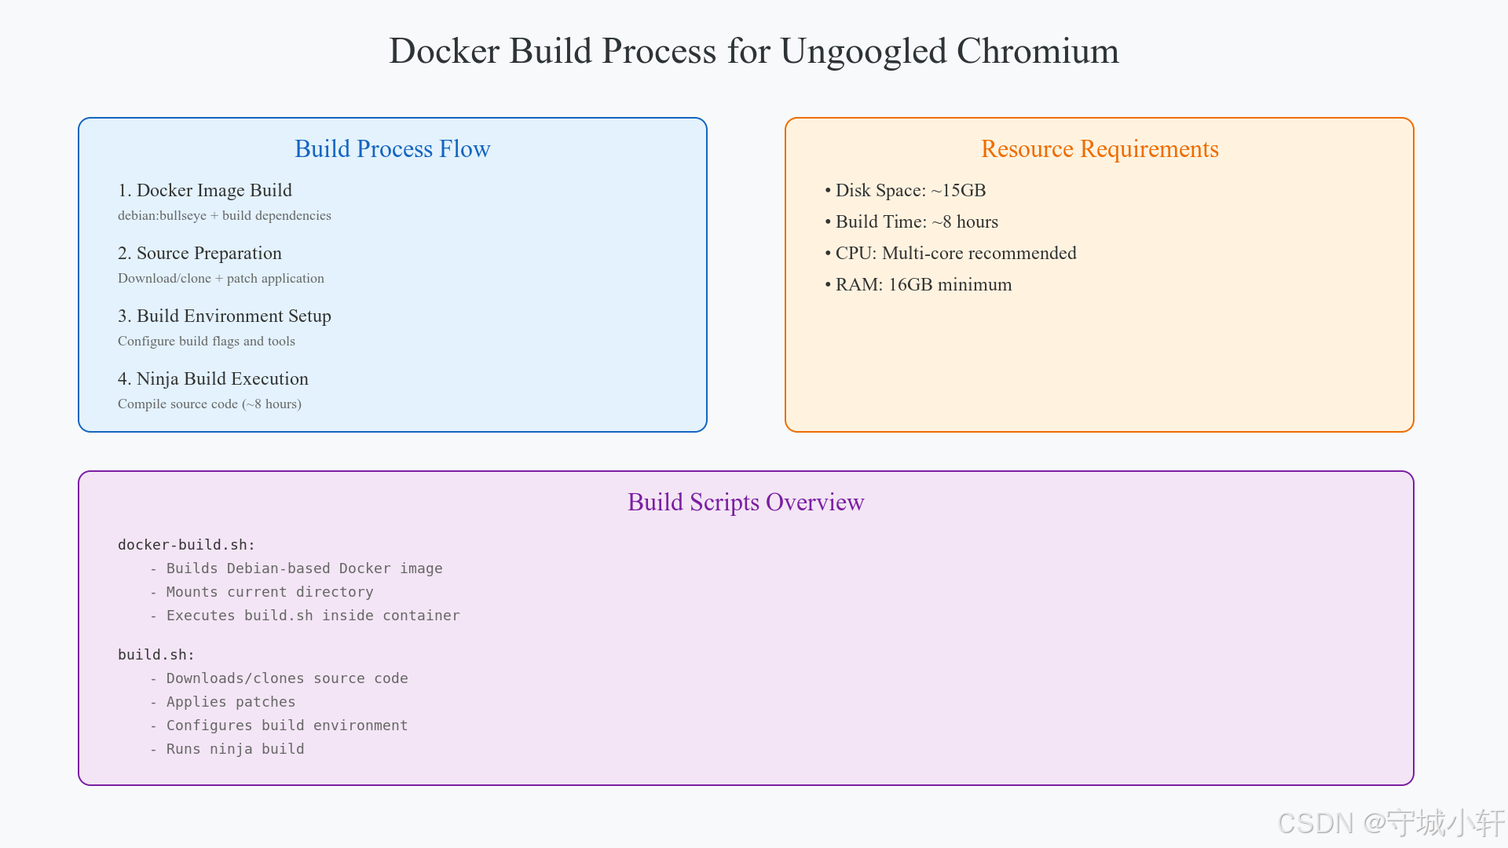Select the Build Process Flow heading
click(392, 149)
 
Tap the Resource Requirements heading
click(1100, 149)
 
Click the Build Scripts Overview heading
click(745, 503)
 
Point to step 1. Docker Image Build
click(205, 191)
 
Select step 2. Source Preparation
click(199, 254)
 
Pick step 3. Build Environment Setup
click(225, 316)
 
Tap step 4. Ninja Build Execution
click(213, 379)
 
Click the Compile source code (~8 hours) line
click(210, 404)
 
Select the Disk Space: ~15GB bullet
click(906, 191)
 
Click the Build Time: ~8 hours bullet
click(912, 222)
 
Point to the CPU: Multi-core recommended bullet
click(951, 254)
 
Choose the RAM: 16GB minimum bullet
click(919, 285)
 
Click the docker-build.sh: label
click(186, 545)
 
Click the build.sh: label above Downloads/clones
click(156, 655)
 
